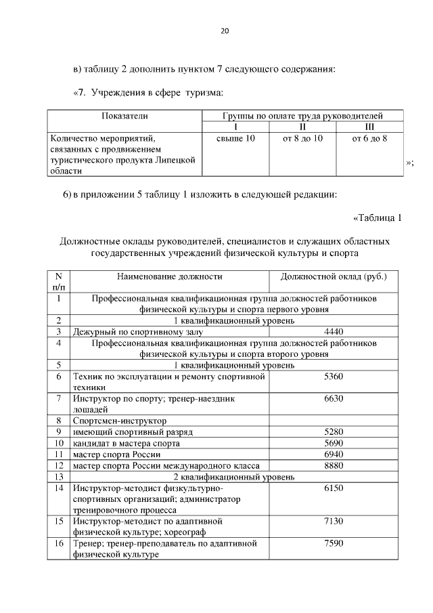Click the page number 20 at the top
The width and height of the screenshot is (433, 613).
(225, 30)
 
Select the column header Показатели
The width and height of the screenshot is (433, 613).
(124, 116)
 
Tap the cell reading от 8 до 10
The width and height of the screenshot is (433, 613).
(303, 138)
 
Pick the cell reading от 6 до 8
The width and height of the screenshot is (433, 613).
(369, 138)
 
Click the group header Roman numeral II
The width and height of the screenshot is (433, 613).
(303, 127)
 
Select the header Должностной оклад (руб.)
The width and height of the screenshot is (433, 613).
(334, 276)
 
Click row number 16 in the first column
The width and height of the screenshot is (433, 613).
(59, 543)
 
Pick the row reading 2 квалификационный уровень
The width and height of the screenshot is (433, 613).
(234, 476)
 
